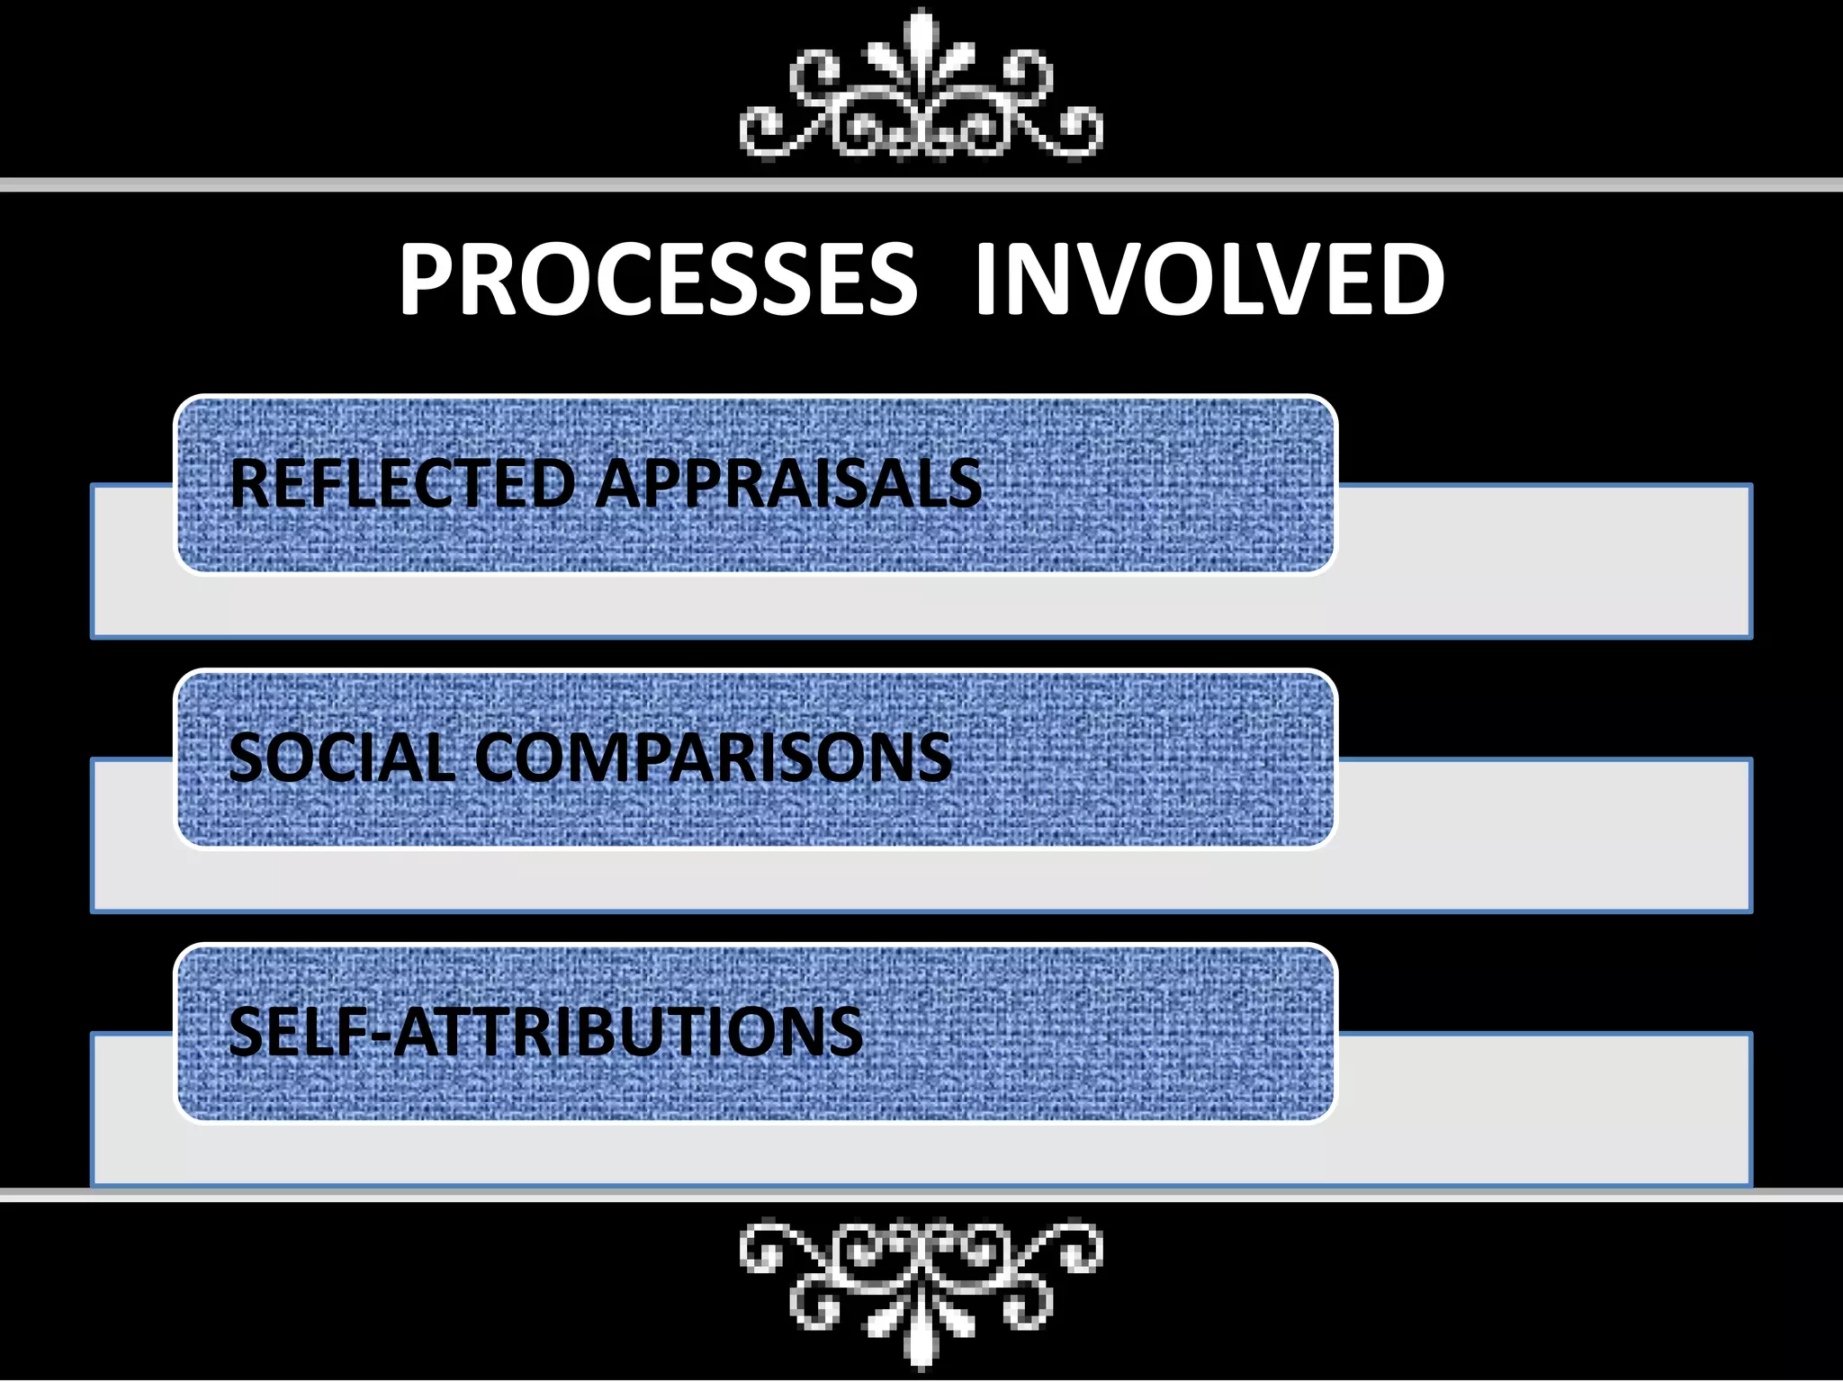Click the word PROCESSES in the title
pos(658,280)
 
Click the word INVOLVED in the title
pos(1209,280)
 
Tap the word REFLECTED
pos(401,484)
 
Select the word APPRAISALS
pos(788,484)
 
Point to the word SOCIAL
pos(341,758)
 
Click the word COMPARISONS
pos(712,758)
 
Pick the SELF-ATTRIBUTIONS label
pos(545,1031)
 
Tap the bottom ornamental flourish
pos(921,1287)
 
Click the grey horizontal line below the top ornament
pos(921,185)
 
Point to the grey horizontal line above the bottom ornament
pos(921,1195)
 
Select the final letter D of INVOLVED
pos(1409,280)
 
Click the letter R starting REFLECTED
pos(250,484)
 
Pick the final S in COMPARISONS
pos(931,758)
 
